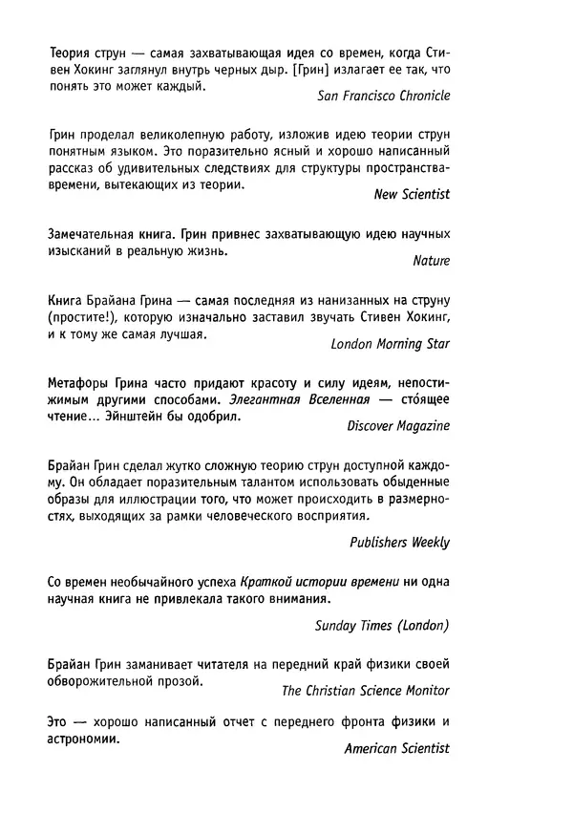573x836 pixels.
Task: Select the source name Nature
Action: coord(431,259)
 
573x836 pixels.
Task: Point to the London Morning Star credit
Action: coord(390,343)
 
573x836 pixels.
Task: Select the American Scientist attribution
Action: coord(396,750)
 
